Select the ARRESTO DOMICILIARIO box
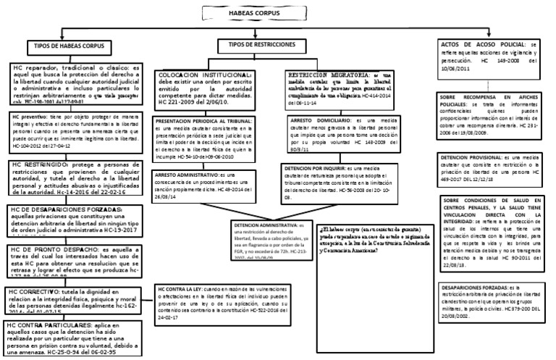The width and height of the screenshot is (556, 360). point(337,135)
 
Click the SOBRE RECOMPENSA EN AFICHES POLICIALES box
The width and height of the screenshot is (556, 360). point(493,112)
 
